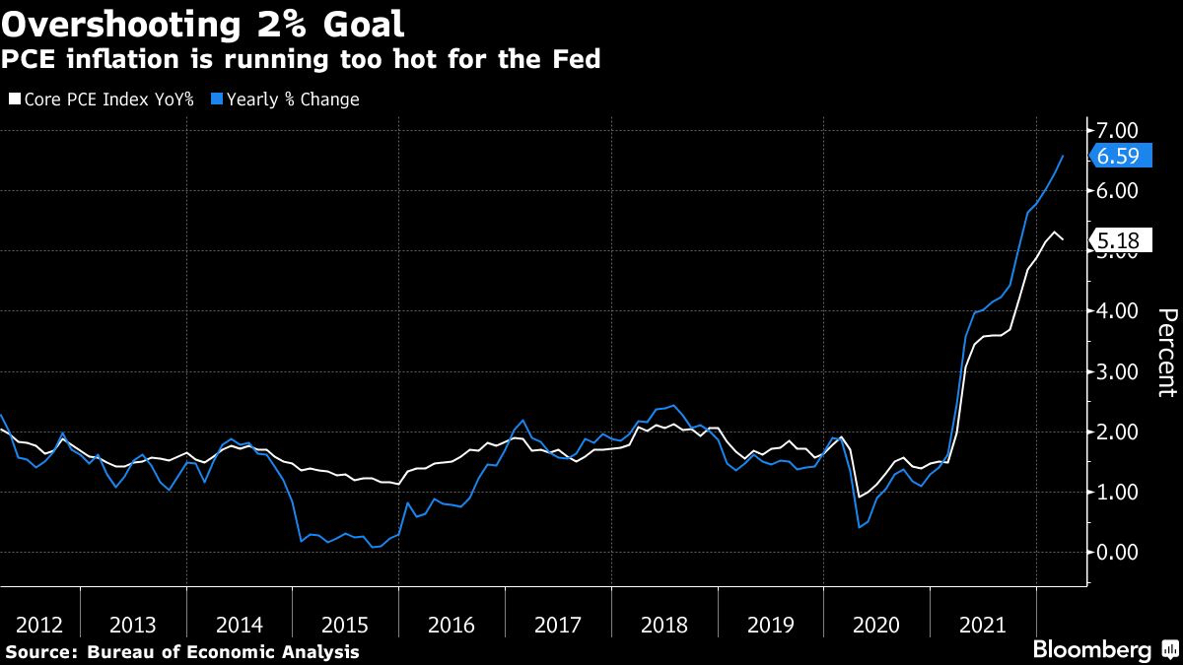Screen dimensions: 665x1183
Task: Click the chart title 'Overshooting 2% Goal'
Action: (202, 22)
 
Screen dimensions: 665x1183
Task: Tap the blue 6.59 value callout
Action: (1123, 156)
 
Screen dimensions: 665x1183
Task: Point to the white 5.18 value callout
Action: (1123, 239)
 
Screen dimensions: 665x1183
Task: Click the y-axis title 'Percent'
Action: (1165, 352)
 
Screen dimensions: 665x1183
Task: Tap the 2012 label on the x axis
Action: (40, 625)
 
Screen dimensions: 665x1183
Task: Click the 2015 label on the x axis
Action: (345, 625)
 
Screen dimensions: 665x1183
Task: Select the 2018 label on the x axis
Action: (663, 625)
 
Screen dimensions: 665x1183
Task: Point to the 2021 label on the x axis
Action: (982, 625)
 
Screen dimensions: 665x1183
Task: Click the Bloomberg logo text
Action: (1091, 649)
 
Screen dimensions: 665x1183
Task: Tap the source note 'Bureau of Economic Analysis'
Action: (223, 651)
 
